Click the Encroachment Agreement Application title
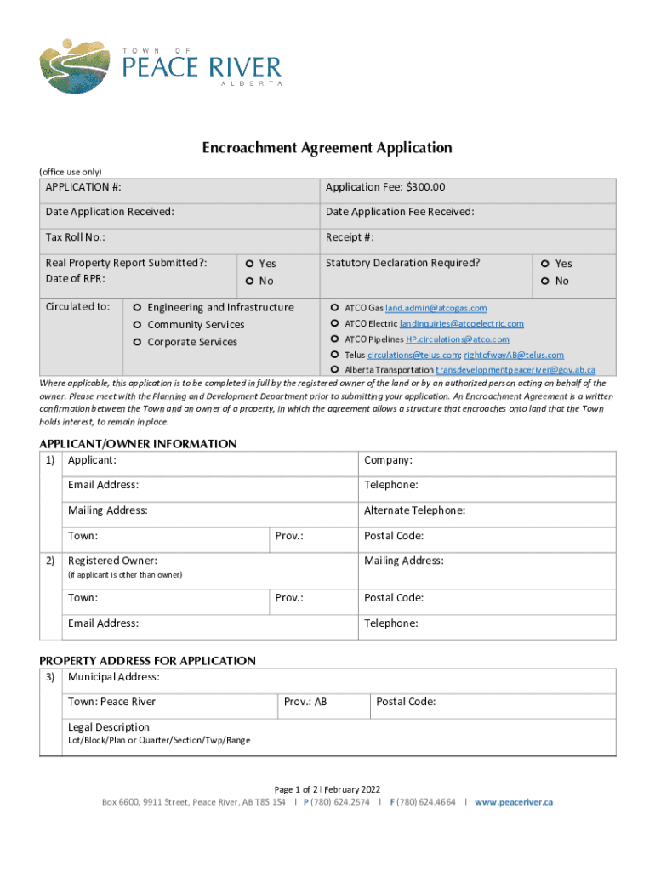click(327, 148)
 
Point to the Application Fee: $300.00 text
click(385, 187)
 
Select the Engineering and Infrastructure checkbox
click(137, 308)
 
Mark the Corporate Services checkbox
click(137, 343)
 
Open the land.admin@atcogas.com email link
click(436, 308)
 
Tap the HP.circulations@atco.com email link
click(457, 339)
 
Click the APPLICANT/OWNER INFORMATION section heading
click(138, 444)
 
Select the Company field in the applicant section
click(388, 460)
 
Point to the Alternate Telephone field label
click(414, 510)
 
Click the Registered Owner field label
click(112, 561)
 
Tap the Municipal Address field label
click(113, 677)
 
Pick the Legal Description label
click(108, 727)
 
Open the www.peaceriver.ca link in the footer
click(514, 802)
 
